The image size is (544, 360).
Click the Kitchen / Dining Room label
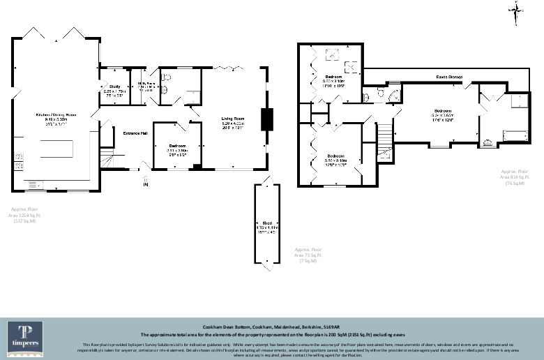click(56, 116)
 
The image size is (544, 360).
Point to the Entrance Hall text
click(135, 133)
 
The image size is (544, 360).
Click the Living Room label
click(233, 123)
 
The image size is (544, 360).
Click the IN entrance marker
click(146, 184)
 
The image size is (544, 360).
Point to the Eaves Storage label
click(450, 77)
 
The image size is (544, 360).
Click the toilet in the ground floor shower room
click(167, 77)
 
